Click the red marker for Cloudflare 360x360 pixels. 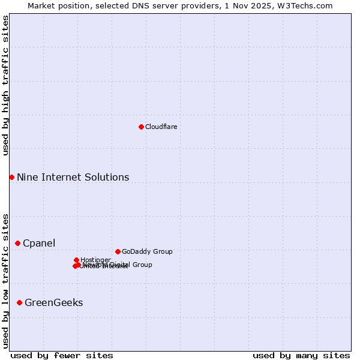(141, 127)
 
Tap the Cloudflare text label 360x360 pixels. (161, 127)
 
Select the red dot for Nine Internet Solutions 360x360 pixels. (11, 177)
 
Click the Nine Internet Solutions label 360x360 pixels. (73, 177)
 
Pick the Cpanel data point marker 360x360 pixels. (17, 243)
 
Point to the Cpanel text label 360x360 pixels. (39, 243)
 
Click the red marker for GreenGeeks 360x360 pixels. (19, 302)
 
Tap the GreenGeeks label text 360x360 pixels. (53, 302)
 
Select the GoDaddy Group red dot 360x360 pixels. (118, 251)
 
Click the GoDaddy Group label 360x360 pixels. (147, 251)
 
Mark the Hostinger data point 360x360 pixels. (76, 260)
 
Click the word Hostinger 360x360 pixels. (95, 260)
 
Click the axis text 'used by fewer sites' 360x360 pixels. (62, 355)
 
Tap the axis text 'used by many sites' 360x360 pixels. (301, 355)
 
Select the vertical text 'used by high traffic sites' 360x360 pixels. (5, 85)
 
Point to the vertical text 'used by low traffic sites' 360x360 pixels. (5, 280)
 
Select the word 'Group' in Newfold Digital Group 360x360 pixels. (141, 265)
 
